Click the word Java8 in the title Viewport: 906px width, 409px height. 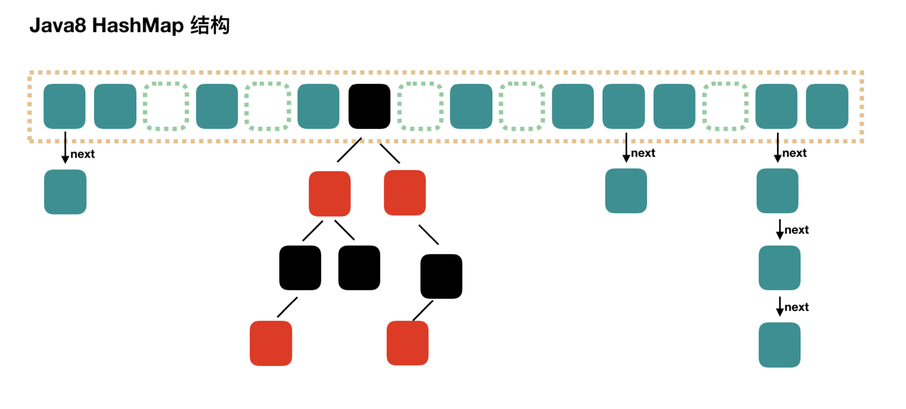point(58,25)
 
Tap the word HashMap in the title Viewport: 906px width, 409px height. point(138,25)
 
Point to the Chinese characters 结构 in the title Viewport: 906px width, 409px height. point(210,25)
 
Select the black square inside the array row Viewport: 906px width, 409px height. point(369,106)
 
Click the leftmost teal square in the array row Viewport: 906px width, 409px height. point(64,106)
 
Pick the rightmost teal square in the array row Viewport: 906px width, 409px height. point(827,106)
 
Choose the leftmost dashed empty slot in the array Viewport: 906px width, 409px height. point(166,106)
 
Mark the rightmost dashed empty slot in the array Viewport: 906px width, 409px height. point(725,106)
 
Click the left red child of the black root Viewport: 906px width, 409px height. point(330,194)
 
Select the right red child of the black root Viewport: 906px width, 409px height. point(405,193)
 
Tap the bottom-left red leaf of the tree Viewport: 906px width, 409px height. point(271,343)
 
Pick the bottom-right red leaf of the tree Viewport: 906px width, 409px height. point(407,343)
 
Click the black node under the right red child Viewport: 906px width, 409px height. point(441,276)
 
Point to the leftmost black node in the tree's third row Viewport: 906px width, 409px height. point(300,268)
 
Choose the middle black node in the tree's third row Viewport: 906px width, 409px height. point(359,268)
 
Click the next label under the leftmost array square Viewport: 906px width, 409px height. point(82,154)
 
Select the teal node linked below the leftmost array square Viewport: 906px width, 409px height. point(65,192)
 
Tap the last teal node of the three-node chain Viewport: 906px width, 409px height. point(779,345)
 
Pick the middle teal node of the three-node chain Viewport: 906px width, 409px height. point(779,268)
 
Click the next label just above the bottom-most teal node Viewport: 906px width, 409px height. point(797,307)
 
